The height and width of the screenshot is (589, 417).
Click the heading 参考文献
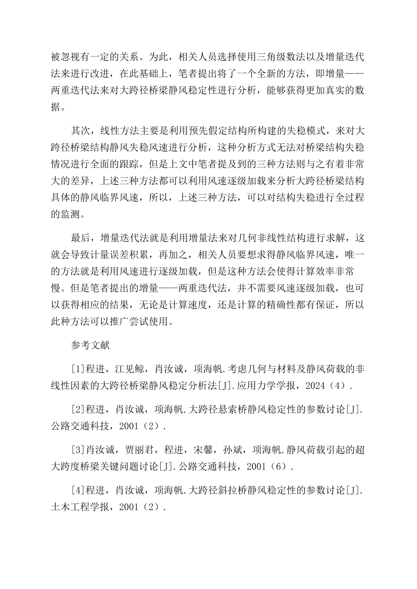point(90,345)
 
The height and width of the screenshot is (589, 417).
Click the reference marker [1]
point(78,369)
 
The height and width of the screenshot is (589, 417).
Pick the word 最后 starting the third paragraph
point(80,238)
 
